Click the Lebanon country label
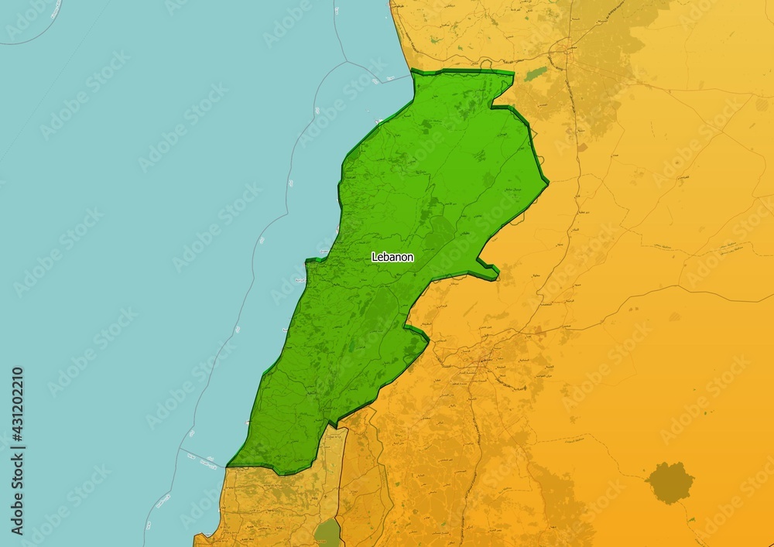pos(392,257)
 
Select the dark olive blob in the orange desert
pos(670,483)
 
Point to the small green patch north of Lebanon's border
pos(535,74)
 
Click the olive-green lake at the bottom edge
pos(328,534)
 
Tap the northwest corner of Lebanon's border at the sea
pos(413,71)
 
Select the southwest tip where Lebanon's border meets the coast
pos(228,466)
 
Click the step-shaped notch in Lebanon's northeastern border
pos(495,106)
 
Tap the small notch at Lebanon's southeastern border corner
pos(333,424)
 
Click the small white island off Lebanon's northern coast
pos(377,121)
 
